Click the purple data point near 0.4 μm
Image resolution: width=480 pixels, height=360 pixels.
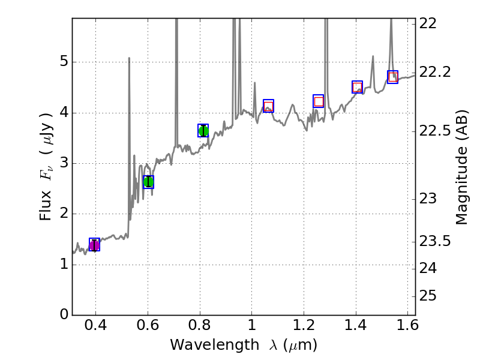coord(94,245)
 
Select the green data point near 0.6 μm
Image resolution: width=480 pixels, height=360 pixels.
coord(148,181)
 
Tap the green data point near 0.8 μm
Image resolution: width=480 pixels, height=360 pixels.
coord(203,131)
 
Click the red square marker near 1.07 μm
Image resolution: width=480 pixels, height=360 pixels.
coord(268,106)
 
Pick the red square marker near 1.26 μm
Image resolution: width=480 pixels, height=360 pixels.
coord(319,101)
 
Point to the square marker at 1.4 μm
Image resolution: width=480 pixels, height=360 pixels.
coord(357,87)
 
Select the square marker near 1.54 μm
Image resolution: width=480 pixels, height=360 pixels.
coord(392,77)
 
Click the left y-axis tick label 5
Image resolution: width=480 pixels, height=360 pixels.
coord(63,62)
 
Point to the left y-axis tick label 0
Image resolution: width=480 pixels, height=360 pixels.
coord(63,315)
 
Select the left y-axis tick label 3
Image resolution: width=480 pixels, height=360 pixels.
coord(63,163)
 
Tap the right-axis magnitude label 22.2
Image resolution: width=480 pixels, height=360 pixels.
coord(434,72)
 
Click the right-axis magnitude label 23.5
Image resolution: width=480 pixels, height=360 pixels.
coord(434,241)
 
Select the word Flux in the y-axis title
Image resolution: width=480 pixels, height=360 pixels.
coord(46,206)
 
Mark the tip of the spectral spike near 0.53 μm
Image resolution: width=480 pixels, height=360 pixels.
coord(129,58)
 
